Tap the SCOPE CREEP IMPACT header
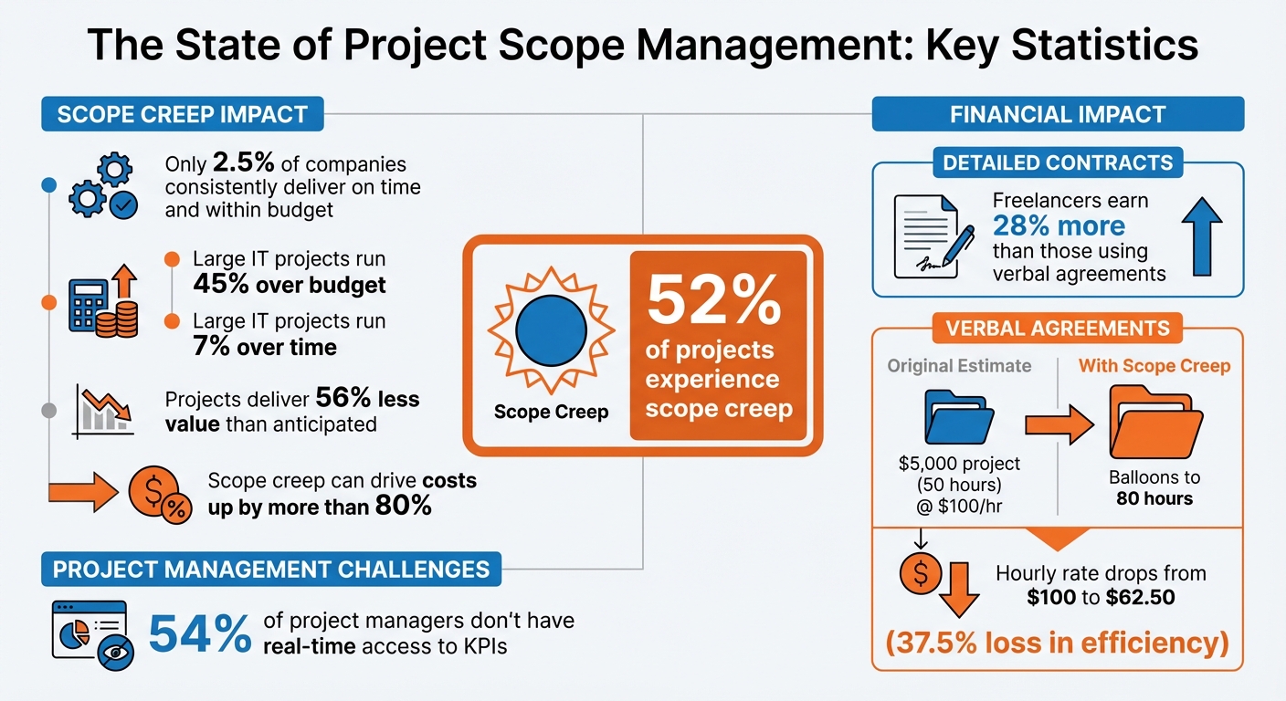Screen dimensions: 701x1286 pyautogui.click(x=183, y=116)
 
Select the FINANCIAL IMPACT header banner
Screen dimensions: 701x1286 pyautogui.click(x=1058, y=115)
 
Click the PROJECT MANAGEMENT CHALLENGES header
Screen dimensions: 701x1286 pyautogui.click(x=271, y=570)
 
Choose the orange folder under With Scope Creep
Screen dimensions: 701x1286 pyautogui.click(x=1154, y=421)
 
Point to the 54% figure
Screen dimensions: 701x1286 pyautogui.click(x=199, y=633)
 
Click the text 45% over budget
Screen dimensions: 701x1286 pyautogui.click(x=290, y=285)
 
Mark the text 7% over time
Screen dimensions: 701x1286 pyautogui.click(x=265, y=347)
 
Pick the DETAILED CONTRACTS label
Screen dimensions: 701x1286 pyautogui.click(x=1058, y=162)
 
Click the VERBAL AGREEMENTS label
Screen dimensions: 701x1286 pyautogui.click(x=1058, y=328)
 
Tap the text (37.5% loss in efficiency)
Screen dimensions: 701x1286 pyautogui.click(x=1058, y=642)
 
